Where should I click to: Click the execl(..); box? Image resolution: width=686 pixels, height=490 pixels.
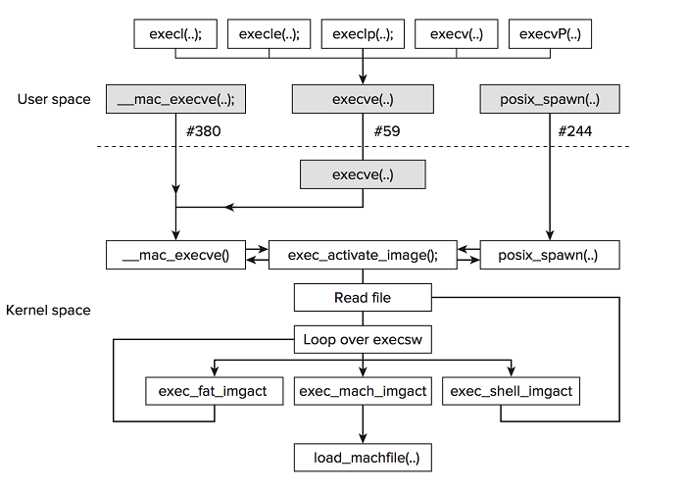175,34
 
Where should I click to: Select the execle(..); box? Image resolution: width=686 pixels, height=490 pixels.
269,34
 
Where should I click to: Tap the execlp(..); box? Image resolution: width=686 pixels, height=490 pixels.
363,34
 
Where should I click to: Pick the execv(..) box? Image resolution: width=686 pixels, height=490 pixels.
456,34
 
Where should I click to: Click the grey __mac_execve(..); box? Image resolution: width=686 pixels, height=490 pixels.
175,99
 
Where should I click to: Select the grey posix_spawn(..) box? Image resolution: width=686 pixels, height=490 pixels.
550,99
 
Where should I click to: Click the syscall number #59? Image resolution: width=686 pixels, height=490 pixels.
387,130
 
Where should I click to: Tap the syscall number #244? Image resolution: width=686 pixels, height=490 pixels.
575,130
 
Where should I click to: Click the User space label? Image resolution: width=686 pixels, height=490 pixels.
54,99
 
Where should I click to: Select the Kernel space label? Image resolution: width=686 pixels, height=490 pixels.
48,311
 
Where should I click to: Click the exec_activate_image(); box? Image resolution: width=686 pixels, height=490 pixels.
363,256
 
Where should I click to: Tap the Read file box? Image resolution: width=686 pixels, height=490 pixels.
363,297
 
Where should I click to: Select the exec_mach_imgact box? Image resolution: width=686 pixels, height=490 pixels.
363,391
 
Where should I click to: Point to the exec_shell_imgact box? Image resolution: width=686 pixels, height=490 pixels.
511,391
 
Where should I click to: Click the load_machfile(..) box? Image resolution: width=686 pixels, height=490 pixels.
363,457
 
